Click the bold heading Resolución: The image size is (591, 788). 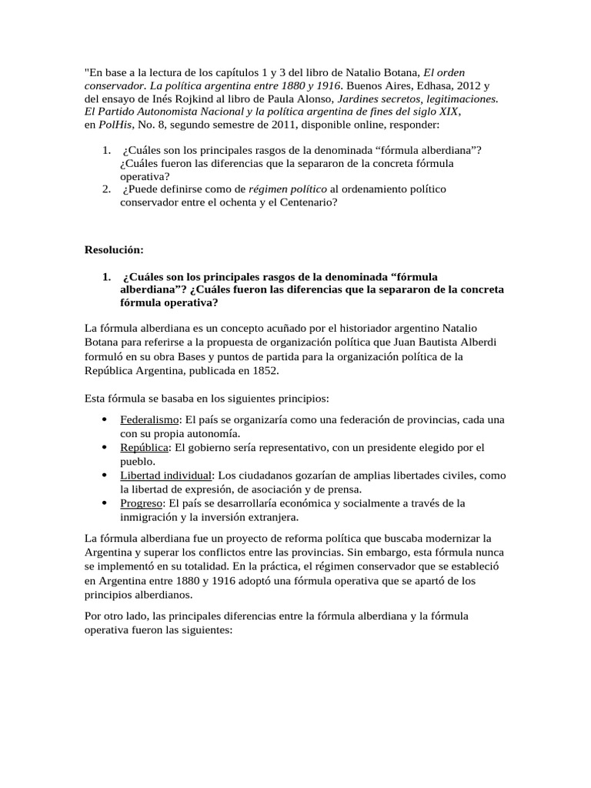pyautogui.click(x=113, y=250)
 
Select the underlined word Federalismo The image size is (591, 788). pyautogui.click(x=149, y=419)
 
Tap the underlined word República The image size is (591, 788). pyautogui.click(x=144, y=447)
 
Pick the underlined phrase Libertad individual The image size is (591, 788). pyautogui.click(x=165, y=475)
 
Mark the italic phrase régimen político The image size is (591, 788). pyautogui.click(x=287, y=189)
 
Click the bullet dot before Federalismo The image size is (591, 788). pyautogui.click(x=104, y=420)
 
